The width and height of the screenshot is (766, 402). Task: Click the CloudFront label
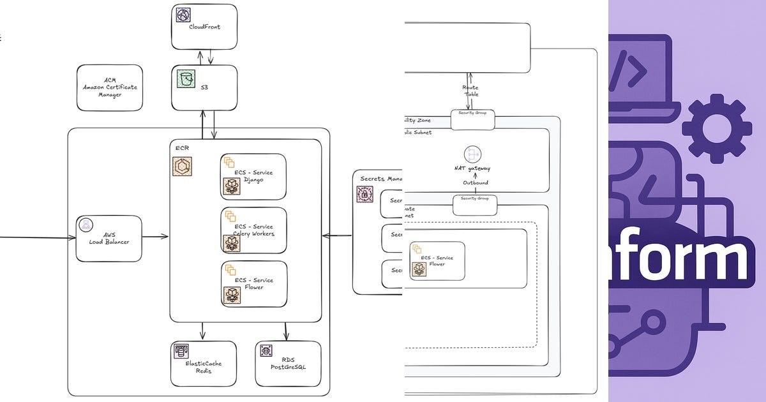pyautogui.click(x=204, y=27)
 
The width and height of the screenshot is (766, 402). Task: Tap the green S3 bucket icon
pyautogui.click(x=185, y=80)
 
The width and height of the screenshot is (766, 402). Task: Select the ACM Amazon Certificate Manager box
pyautogui.click(x=110, y=87)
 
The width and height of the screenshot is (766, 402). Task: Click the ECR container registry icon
pyautogui.click(x=183, y=166)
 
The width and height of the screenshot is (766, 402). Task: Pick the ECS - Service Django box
pyautogui.click(x=253, y=177)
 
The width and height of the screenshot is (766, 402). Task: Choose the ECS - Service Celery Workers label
pyautogui.click(x=253, y=230)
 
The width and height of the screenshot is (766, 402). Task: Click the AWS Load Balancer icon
pyautogui.click(x=86, y=225)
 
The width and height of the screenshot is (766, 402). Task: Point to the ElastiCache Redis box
pyautogui.click(x=203, y=364)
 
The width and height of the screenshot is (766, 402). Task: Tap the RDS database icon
pyautogui.click(x=266, y=350)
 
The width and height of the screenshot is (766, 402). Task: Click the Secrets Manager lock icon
pyautogui.click(x=364, y=195)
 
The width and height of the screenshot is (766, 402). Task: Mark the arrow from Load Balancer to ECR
pyautogui.click(x=155, y=236)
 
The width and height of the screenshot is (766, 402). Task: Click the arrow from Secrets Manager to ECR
pyautogui.click(x=336, y=235)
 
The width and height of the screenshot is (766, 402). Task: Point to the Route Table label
pyautogui.click(x=470, y=91)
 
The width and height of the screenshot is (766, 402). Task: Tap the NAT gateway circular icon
pyautogui.click(x=472, y=154)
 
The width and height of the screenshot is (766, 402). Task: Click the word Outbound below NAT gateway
pyautogui.click(x=476, y=183)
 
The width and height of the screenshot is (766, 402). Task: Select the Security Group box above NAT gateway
pyautogui.click(x=472, y=119)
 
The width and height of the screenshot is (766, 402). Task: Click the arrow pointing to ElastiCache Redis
pyautogui.click(x=203, y=331)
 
